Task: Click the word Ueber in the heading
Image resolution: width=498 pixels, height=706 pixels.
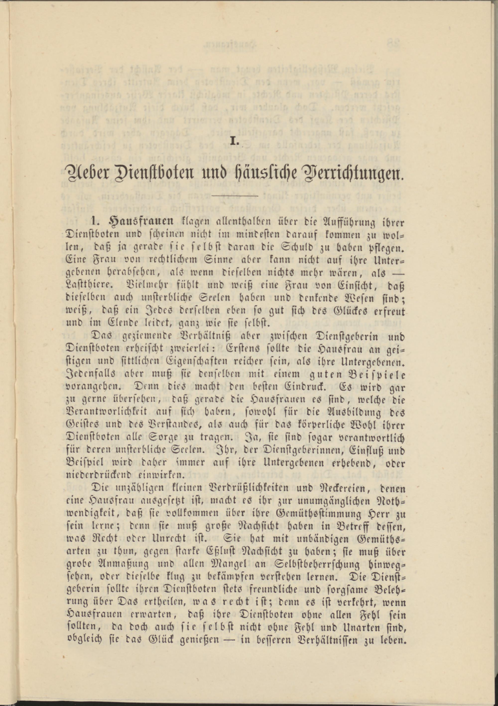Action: click(87, 176)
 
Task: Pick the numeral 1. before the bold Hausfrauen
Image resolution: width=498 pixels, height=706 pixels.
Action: click(95, 221)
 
